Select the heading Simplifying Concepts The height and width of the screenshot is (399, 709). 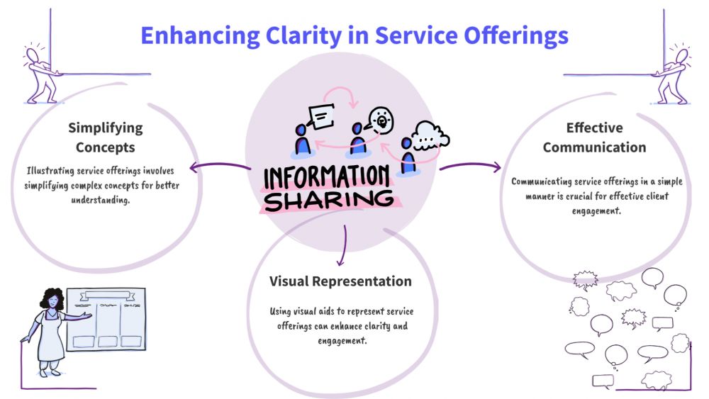point(105,137)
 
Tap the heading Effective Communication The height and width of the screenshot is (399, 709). point(594,137)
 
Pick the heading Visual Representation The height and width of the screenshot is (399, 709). point(340,281)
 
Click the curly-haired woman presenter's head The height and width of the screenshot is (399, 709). point(53,300)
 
